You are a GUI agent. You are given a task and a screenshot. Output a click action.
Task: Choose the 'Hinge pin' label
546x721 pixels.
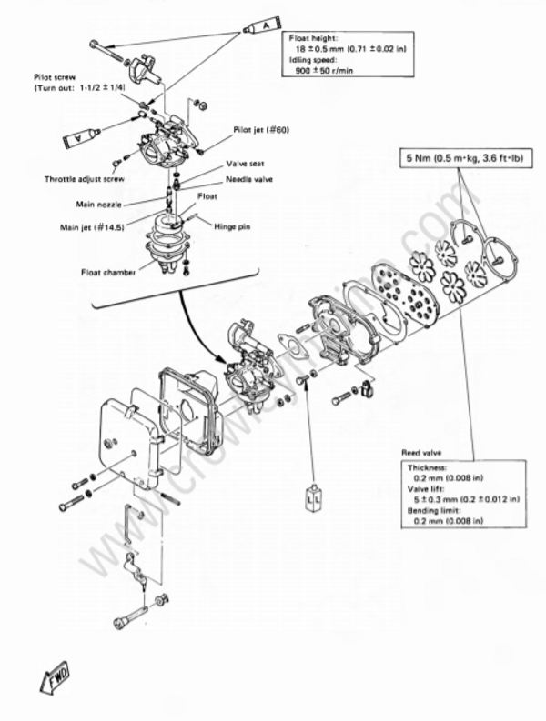(x=238, y=224)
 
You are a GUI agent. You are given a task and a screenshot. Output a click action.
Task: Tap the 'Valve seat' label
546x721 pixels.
(x=245, y=165)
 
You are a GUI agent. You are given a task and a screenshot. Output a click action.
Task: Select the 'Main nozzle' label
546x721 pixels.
(x=99, y=205)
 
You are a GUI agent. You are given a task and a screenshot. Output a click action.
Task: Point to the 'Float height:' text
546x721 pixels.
(x=314, y=38)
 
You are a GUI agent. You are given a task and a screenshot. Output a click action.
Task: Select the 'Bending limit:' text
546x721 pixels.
(x=434, y=511)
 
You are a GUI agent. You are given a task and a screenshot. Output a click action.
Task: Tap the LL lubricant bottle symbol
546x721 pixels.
(x=314, y=499)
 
